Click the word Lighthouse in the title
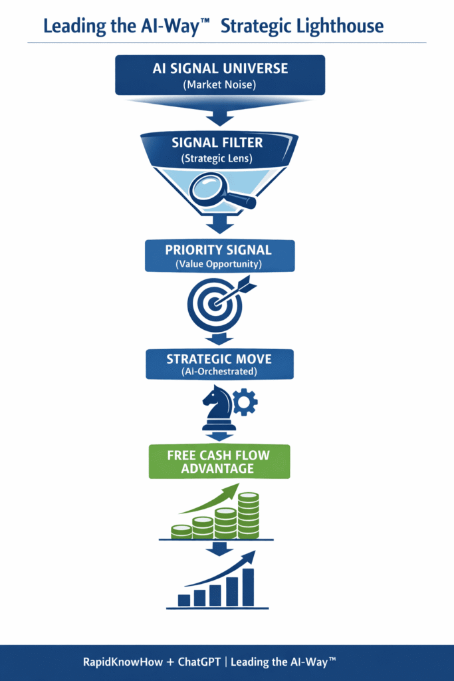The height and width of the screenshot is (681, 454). pyautogui.click(x=342, y=27)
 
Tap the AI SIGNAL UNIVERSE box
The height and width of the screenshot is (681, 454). pyautogui.click(x=219, y=74)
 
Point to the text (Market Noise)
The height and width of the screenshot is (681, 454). pyautogui.click(x=219, y=84)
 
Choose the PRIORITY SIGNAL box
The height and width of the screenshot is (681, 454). pyautogui.click(x=219, y=256)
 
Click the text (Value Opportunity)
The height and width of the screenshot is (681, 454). pyautogui.click(x=219, y=264)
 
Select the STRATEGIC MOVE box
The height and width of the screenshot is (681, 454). pyautogui.click(x=219, y=363)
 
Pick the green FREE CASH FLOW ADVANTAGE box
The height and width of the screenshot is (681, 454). pyautogui.click(x=219, y=462)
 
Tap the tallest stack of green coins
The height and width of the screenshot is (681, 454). pyautogui.click(x=249, y=515)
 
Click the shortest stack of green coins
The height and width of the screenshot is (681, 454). pyautogui.click(x=181, y=531)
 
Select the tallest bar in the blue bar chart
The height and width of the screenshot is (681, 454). pyautogui.click(x=248, y=587)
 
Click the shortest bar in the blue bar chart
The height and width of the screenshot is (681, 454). pyautogui.click(x=184, y=600)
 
